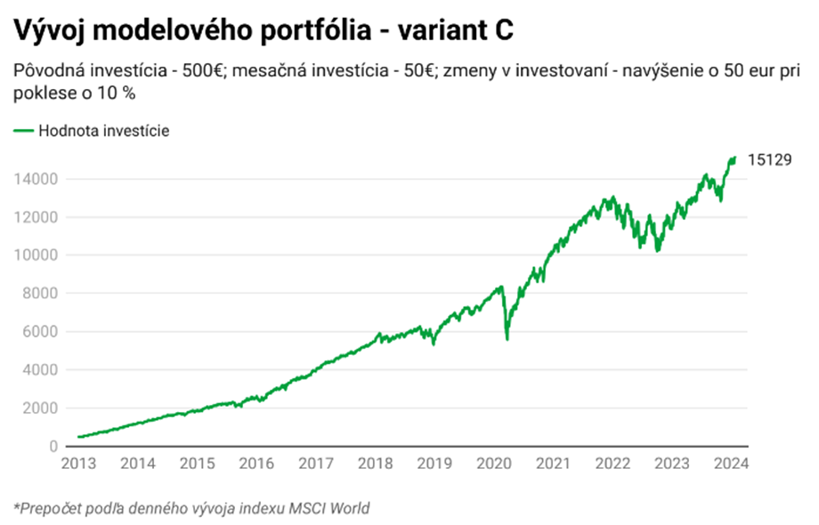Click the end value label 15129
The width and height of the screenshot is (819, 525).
click(769, 161)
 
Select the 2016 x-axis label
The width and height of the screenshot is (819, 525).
click(255, 464)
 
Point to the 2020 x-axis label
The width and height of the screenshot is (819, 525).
click(494, 464)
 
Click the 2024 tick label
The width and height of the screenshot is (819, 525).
click(732, 464)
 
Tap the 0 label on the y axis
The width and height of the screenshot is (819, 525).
click(53, 447)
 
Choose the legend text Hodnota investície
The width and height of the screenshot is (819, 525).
click(103, 131)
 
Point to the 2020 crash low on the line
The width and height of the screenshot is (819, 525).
click(507, 339)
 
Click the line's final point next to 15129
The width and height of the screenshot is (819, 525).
click(734, 158)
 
